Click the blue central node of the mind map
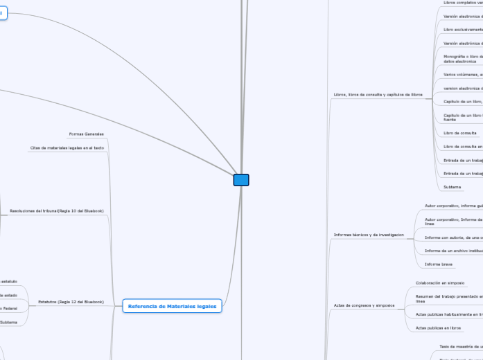(x=241, y=180)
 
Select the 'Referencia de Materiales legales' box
(x=172, y=306)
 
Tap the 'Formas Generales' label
(x=87, y=134)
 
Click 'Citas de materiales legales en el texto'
(x=67, y=148)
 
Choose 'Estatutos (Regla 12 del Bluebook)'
(x=71, y=302)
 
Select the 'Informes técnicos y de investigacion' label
(x=369, y=235)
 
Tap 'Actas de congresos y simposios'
(x=364, y=305)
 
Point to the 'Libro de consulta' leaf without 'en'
(x=460, y=132)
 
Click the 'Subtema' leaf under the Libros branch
(x=453, y=187)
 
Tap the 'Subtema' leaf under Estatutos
(x=8, y=323)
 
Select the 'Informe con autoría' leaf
(x=454, y=237)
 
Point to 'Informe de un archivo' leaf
(x=453, y=251)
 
